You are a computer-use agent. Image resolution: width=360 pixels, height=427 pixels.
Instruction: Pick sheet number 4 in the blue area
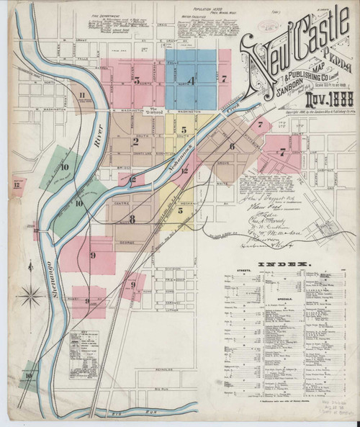[191, 81]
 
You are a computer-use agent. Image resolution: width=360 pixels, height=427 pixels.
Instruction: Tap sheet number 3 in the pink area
[136, 81]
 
